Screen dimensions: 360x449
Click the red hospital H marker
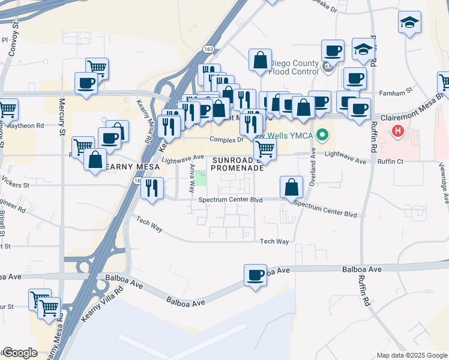[x=397, y=131]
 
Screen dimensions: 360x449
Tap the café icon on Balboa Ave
[x=255, y=275]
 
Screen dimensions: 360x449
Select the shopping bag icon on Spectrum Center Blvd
[x=291, y=187]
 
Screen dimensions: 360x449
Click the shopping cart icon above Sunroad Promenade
[x=265, y=148]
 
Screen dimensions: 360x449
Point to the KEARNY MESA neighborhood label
[x=133, y=166]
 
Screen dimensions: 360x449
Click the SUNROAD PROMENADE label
[x=237, y=164]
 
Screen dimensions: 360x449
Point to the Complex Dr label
[x=224, y=140]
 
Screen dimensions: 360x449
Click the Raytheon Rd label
[x=24, y=126]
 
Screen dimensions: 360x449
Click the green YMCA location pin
[x=323, y=135]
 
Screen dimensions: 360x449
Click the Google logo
[x=20, y=353]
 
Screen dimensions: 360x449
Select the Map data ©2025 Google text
[x=411, y=355]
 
